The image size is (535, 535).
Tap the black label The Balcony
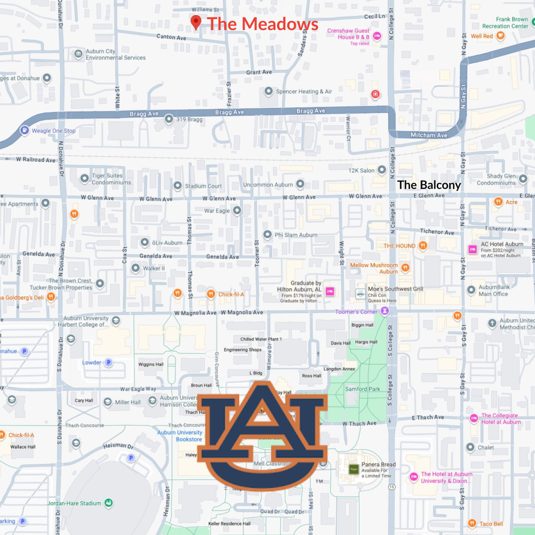(429, 185)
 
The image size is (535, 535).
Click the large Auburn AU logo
(262, 435)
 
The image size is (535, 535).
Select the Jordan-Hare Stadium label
(74, 503)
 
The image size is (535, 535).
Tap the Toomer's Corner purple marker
(385, 311)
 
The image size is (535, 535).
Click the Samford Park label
(362, 389)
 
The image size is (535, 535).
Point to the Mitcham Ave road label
(429, 135)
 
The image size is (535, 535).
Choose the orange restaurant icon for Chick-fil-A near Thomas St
(211, 294)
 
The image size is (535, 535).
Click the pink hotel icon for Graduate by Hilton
(330, 291)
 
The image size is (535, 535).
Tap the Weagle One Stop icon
(25, 130)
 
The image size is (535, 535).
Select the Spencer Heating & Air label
(304, 92)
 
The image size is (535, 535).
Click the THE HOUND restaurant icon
(423, 245)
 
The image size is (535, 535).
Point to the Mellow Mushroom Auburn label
(374, 268)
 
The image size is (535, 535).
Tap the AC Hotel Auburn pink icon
(472, 250)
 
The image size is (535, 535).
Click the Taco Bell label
(491, 524)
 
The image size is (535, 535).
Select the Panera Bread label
(378, 464)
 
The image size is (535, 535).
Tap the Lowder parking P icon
(109, 362)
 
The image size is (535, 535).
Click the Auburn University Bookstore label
(180, 436)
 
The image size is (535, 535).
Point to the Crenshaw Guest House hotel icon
(377, 36)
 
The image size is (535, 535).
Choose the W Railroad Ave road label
(36, 160)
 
